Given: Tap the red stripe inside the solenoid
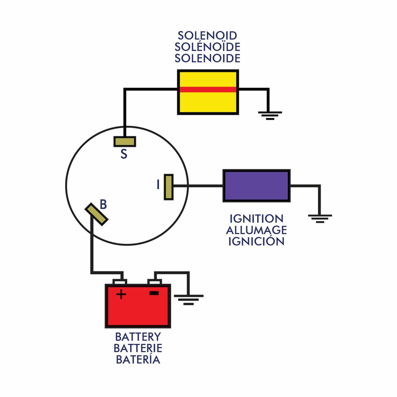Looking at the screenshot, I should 208,89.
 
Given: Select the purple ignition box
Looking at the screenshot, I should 256,185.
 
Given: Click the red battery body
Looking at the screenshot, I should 138,312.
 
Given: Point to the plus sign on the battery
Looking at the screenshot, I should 121,294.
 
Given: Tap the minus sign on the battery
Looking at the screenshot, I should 154,293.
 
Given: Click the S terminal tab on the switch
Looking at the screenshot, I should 125,141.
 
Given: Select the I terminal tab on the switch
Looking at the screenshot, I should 169,187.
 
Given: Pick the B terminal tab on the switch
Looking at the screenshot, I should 96,214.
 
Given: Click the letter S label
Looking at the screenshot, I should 124,154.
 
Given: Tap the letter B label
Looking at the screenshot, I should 103,204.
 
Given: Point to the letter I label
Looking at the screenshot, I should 158,185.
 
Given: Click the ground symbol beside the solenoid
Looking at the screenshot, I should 270,115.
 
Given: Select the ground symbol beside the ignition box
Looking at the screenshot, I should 320,218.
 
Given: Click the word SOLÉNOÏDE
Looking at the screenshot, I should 208,47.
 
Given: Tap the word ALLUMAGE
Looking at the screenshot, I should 256,230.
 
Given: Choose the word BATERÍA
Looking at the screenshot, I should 138,360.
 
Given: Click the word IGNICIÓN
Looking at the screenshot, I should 256,241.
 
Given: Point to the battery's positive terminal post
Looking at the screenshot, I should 120,282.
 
